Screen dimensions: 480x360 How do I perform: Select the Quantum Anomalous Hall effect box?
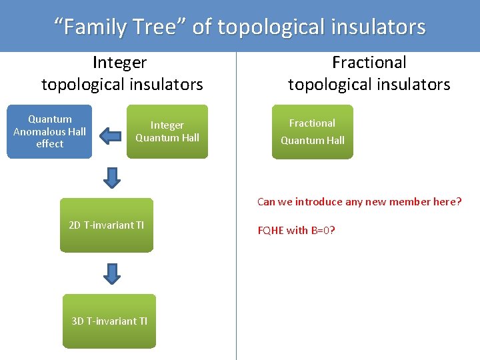tap(49, 131)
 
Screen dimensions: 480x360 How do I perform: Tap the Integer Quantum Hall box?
tap(167, 131)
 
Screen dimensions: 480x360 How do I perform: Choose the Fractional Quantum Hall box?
tap(312, 131)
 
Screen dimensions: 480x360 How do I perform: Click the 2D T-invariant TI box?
tap(107, 225)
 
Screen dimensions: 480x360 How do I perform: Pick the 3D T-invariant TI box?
tap(109, 321)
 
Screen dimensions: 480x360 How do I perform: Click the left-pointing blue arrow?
tap(109, 136)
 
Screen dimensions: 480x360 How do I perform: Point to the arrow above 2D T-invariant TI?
tap(113, 177)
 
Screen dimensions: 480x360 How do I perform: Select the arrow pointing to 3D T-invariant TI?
tap(113, 273)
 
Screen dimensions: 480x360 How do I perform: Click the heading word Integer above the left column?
tap(120, 63)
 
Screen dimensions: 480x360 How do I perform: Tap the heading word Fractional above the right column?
tap(369, 63)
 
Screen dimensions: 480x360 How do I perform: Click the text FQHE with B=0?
tap(296, 231)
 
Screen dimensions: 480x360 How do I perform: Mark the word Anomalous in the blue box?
tap(49, 131)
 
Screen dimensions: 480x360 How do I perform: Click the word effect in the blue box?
tap(49, 143)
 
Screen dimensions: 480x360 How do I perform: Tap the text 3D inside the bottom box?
tap(78, 321)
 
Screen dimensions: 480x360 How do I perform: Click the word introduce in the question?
tap(317, 202)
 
